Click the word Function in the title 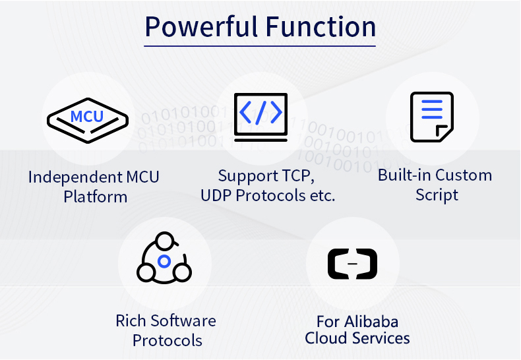pyautogui.click(x=321, y=26)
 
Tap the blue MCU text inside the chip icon pyautogui.click(x=87, y=116)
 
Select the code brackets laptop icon pyautogui.click(x=261, y=117)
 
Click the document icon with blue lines pyautogui.click(x=432, y=117)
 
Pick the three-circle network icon pyautogui.click(x=164, y=258)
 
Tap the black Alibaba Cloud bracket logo pyautogui.click(x=353, y=264)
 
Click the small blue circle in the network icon pyautogui.click(x=164, y=261)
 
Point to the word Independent pyautogui.click(x=75, y=177)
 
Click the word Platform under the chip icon pyautogui.click(x=96, y=197)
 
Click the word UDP pyautogui.click(x=216, y=196)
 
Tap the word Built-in pyautogui.click(x=404, y=175)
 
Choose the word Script pyautogui.click(x=437, y=195)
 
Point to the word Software pyautogui.click(x=183, y=321)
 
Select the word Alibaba pyautogui.click(x=371, y=322)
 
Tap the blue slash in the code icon pyautogui.click(x=261, y=113)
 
